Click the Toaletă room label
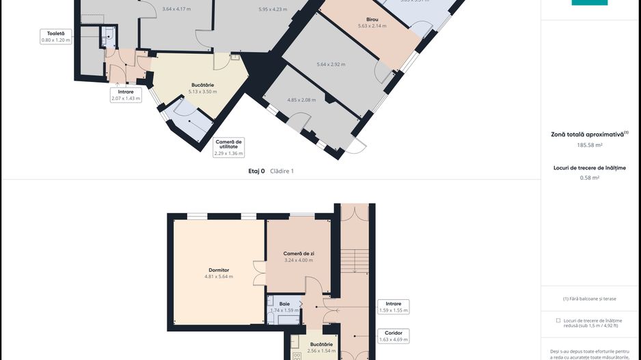[55, 33]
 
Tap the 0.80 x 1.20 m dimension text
[55, 40]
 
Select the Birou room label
[372, 19]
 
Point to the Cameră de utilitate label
[228, 144]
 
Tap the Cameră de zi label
[298, 253]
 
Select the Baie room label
[284, 303]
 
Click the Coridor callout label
[394, 333]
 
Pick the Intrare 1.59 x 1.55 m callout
[394, 307]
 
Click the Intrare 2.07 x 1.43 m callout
[126, 95]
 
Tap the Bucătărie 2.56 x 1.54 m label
[321, 344]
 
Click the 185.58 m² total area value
[590, 145]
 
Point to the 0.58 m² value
[590, 178]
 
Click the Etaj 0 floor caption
[256, 171]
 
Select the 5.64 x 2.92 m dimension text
[331, 64]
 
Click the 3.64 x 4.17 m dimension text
[177, 9]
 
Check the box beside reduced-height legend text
[558, 320]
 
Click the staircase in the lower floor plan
[354, 260]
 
